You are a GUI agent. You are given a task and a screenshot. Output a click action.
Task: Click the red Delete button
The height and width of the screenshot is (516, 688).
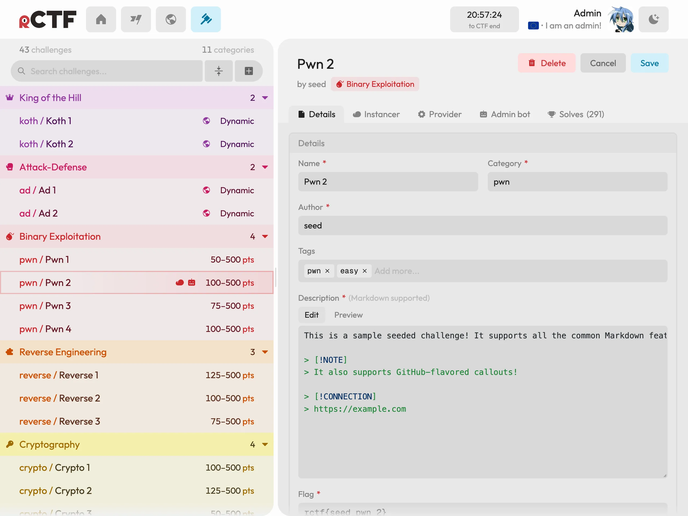546,63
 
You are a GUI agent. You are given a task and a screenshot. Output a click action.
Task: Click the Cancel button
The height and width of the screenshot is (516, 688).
603,63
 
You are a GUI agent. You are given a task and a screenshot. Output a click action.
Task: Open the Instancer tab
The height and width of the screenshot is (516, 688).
376,114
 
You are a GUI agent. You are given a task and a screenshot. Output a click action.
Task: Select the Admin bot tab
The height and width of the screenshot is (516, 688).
505,114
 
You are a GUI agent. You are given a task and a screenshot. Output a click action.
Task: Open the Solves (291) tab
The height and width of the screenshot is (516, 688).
576,114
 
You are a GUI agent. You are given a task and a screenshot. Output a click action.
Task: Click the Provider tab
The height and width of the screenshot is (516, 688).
439,114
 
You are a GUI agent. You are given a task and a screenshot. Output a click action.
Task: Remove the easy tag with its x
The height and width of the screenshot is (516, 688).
364,271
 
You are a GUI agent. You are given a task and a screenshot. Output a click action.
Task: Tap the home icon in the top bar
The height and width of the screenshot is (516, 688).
101,19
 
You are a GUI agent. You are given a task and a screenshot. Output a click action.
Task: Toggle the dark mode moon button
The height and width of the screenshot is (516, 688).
654,19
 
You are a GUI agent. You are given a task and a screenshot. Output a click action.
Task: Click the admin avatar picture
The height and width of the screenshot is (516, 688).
621,19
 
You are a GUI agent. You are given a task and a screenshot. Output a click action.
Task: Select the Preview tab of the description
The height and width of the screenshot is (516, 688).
348,315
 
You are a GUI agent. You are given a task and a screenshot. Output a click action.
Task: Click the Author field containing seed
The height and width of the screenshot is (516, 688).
483,225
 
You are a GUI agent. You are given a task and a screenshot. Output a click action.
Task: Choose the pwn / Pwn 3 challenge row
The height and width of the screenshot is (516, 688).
137,306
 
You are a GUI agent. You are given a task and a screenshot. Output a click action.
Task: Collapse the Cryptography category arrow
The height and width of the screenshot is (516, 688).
265,445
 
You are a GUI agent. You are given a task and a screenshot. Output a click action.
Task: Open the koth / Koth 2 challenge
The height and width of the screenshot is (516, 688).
137,144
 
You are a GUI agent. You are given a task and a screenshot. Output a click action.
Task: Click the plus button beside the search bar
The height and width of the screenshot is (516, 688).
249,71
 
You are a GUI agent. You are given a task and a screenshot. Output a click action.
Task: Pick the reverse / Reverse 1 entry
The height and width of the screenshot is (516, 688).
137,375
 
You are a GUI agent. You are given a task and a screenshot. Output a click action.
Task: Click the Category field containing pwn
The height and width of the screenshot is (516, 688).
577,182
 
